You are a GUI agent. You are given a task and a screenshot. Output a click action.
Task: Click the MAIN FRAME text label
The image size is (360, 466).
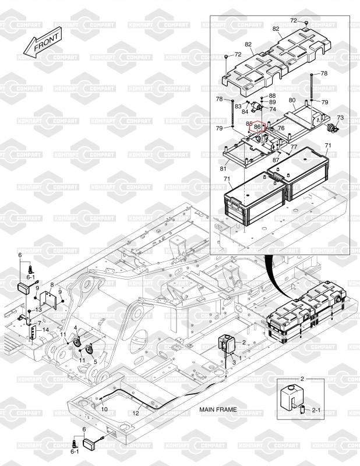tap(218, 409)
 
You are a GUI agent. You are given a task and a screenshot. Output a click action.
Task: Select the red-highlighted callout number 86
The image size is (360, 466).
tap(257, 126)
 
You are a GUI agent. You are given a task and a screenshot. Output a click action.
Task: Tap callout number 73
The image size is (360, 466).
tap(340, 118)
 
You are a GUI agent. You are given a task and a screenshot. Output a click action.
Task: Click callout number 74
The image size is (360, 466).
tap(273, 109)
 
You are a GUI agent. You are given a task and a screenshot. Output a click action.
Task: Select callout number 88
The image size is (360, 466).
tap(272, 96)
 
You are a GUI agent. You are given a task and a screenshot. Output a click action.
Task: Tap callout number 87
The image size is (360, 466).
tap(276, 159)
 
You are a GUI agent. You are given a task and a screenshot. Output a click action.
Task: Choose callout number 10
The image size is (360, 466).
tap(104, 409)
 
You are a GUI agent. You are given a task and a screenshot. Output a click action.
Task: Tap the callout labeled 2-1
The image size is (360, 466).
tap(317, 411)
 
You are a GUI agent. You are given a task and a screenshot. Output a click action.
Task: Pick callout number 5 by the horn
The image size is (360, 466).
tap(95, 361)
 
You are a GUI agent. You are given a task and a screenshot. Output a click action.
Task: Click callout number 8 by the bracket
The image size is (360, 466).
tap(51, 285)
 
